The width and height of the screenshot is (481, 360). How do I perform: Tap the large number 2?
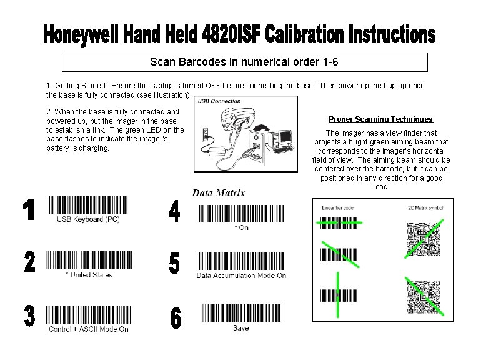tap(29, 263)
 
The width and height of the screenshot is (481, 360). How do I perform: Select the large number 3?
tap(29, 316)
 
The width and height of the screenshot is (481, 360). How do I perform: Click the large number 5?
tap(175, 264)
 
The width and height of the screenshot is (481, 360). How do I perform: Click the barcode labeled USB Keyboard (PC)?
tap(87, 206)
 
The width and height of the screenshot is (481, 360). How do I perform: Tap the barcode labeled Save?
tap(241, 314)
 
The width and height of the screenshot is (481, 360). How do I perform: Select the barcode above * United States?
tap(88, 260)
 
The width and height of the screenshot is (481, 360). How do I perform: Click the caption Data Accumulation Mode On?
tap(241, 275)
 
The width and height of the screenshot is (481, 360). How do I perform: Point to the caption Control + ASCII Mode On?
tap(89, 329)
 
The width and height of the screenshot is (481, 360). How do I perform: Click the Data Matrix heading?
tap(218, 193)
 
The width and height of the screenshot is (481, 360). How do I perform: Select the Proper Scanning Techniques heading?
tap(380, 119)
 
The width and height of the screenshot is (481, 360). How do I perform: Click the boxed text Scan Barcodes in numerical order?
tap(244, 62)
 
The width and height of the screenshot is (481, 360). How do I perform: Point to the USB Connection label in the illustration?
tap(219, 101)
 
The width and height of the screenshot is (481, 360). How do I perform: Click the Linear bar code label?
tap(337, 207)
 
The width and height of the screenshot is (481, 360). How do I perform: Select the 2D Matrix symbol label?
tap(425, 207)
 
